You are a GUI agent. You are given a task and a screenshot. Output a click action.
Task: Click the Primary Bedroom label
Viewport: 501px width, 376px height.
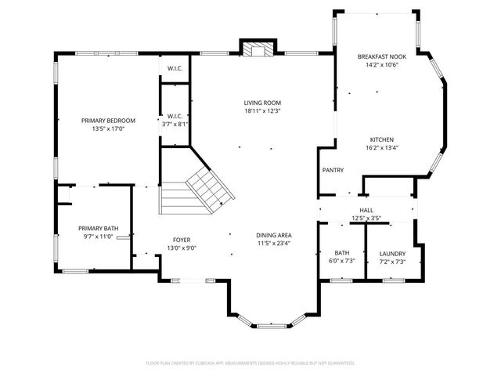[109, 121]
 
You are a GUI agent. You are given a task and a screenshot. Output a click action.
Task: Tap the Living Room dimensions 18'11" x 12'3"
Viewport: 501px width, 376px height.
[262, 110]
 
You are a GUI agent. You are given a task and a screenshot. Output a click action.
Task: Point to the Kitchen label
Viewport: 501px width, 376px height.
[382, 139]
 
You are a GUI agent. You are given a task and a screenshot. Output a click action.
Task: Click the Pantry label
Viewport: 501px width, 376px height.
[333, 170]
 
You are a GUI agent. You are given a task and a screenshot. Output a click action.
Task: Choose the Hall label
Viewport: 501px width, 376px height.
[366, 211]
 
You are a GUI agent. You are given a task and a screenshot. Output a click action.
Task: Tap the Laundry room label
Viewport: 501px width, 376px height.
[392, 253]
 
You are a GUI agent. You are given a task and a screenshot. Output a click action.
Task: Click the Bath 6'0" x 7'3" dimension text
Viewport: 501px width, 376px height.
[342, 261]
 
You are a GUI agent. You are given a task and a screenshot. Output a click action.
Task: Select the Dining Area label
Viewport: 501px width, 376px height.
[274, 235]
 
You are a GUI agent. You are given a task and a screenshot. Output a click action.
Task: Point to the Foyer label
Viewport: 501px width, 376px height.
[182, 240]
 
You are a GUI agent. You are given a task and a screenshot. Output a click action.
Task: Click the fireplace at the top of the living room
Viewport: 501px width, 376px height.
[258, 49]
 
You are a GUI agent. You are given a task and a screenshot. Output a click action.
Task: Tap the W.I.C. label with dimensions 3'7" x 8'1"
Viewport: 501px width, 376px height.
[175, 124]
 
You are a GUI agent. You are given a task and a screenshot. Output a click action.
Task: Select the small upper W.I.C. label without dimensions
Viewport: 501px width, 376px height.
[175, 68]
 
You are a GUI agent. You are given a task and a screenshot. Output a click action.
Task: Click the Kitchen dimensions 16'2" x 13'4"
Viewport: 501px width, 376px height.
[382, 147]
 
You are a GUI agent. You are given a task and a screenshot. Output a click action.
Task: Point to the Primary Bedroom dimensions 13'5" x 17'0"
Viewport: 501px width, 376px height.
[109, 128]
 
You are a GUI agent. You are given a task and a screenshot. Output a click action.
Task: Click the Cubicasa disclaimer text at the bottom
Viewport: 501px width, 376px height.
[250, 363]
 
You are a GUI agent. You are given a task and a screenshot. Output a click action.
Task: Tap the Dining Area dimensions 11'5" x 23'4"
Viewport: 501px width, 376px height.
[274, 243]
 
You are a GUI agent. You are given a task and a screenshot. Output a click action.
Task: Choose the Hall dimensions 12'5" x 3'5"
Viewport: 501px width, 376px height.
[366, 218]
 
